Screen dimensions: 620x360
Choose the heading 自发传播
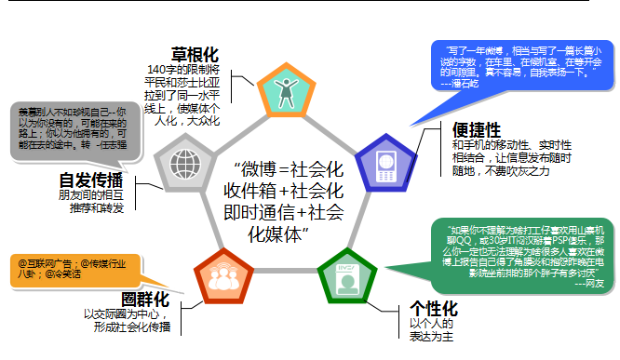click(92, 180)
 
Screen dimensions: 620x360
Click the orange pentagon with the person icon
click(283, 90)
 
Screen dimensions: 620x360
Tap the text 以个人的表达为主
click(430, 331)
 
